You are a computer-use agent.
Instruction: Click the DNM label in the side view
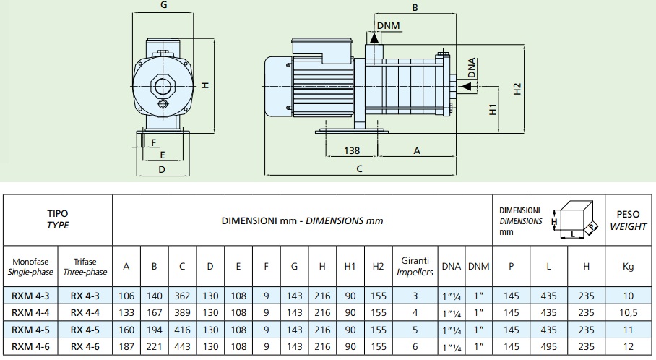[x=388, y=27]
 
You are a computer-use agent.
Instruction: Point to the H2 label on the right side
[x=517, y=89]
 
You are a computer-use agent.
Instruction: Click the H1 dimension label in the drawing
[x=493, y=110]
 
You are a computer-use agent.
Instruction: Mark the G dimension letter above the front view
[x=164, y=5]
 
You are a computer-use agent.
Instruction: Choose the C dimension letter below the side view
[x=359, y=169]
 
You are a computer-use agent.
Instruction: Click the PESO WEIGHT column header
[x=628, y=220]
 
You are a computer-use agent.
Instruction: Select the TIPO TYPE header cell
[x=58, y=220]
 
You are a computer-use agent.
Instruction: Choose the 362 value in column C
[x=182, y=295]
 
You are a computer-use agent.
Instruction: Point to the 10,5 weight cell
[x=628, y=312]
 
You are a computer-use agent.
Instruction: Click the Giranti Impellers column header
[x=415, y=266]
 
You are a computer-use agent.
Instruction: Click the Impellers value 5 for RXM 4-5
[x=415, y=330]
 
